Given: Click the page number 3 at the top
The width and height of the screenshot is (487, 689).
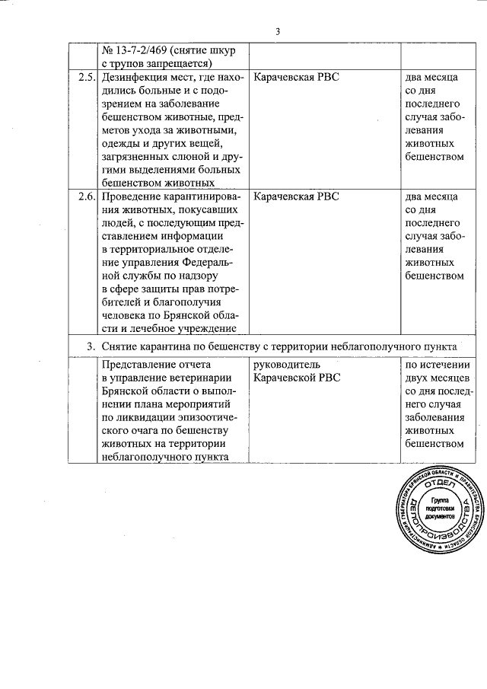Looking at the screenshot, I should click(278, 31).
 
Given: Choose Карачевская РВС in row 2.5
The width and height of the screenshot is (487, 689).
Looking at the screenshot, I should click(295, 77).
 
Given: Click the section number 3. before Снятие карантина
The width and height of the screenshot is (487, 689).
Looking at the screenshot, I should click(91, 346).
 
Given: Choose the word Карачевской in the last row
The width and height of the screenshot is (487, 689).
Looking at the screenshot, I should click(285, 378).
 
